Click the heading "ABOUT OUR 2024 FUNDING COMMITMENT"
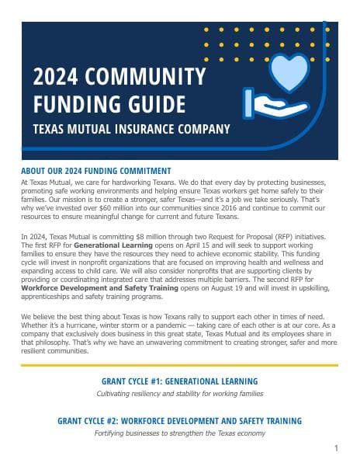(96, 171)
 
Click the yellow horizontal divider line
(180, 365)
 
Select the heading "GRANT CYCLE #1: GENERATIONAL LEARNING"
(180, 381)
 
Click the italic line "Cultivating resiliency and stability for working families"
(180, 395)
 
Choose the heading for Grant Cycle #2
(180, 421)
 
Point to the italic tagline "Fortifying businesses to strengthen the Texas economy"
(180, 433)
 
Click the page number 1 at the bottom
(336, 448)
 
